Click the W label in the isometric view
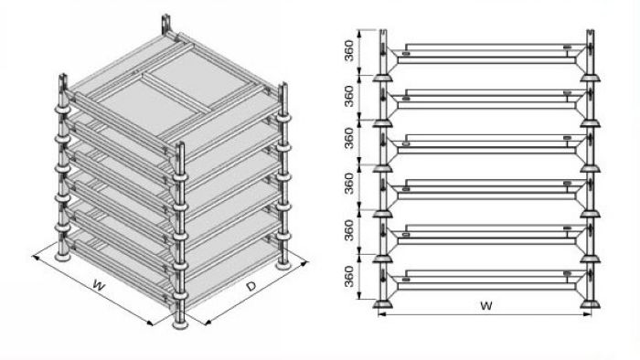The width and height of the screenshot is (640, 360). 99,285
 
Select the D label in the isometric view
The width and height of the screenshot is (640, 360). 251,286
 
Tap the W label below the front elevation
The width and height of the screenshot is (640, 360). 485,305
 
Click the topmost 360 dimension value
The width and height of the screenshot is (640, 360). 349,50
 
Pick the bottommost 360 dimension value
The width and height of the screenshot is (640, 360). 349,277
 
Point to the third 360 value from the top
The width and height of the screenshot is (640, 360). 349,138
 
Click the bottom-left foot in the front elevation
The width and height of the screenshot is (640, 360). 383,303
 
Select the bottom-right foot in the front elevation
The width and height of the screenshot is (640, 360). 591,303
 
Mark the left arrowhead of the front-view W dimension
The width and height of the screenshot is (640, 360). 381,314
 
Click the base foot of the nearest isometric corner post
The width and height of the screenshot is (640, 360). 180,324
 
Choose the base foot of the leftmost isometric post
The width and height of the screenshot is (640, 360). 63,257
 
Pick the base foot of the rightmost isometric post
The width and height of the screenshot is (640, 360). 283,265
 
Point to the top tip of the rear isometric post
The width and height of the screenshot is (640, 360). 165,17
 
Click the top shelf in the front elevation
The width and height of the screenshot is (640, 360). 486,54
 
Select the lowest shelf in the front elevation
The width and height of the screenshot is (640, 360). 486,281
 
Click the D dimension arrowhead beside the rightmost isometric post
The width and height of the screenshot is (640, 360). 304,264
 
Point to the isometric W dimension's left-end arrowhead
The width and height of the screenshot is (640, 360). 36,258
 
